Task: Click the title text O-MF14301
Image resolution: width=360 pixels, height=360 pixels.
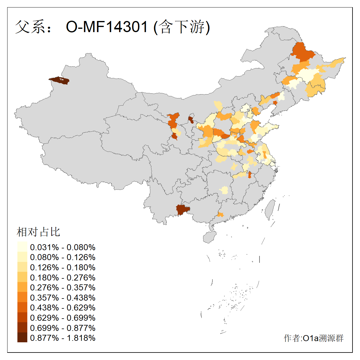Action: click(x=107, y=27)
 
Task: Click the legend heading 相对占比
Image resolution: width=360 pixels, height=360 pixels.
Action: click(x=38, y=232)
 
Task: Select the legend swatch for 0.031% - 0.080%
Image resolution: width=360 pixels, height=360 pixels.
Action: click(x=22, y=247)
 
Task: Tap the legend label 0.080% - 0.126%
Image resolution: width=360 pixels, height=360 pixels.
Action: click(x=63, y=257)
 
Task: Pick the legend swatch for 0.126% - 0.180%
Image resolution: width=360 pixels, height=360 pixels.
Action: click(x=22, y=267)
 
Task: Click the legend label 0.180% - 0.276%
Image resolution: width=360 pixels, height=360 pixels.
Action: click(x=63, y=277)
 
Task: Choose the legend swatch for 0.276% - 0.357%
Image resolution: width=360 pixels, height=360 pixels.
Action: click(x=22, y=287)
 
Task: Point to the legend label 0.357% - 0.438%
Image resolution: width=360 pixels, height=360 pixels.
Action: click(x=63, y=298)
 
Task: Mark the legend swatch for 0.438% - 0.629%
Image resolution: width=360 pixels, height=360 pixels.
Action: click(x=22, y=307)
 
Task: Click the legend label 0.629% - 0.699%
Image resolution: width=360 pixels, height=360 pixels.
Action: click(x=63, y=318)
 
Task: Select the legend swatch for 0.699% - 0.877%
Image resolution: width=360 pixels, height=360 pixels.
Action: click(x=22, y=328)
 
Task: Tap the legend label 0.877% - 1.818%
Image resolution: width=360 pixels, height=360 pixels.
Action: click(x=63, y=338)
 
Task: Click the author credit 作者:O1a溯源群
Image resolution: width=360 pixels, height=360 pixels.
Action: click(x=313, y=338)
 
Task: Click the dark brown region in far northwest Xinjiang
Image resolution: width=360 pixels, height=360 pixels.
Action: click(x=59, y=80)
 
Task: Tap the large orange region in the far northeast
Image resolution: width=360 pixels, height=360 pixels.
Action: click(x=302, y=52)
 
